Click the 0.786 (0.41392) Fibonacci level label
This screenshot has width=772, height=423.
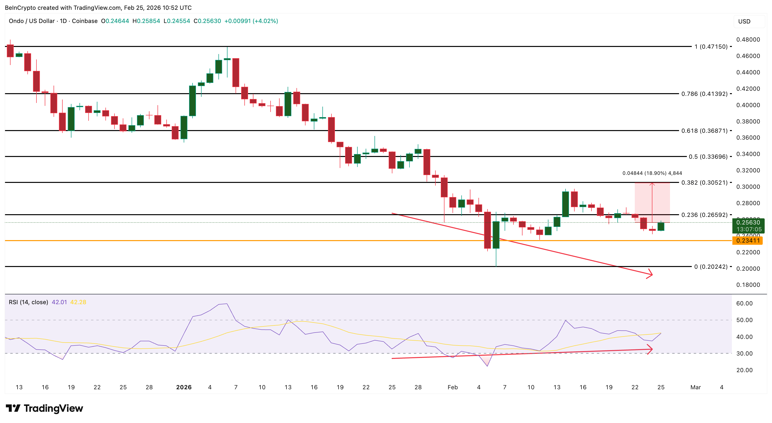coord(704,94)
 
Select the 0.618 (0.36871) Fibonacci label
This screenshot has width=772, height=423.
coord(704,131)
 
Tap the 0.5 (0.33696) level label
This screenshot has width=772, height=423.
coord(708,157)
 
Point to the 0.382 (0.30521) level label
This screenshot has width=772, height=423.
coord(704,182)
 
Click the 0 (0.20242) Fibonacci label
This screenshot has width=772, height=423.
coord(711,267)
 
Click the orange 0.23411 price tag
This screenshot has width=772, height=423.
coord(748,241)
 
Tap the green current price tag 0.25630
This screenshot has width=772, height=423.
coord(748,223)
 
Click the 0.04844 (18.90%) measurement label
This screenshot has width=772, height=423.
coord(652,173)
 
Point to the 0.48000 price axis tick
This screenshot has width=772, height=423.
coord(748,40)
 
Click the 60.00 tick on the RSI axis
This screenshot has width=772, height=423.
coord(744,303)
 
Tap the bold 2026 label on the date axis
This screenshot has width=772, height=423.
coord(184,387)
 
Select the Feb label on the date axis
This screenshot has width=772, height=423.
coord(453,387)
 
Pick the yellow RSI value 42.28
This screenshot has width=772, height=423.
coord(78,302)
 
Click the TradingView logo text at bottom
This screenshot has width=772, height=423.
coord(53,408)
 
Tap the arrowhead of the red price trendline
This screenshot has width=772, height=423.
coord(650,274)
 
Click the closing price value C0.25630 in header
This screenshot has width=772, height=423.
coord(207,21)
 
